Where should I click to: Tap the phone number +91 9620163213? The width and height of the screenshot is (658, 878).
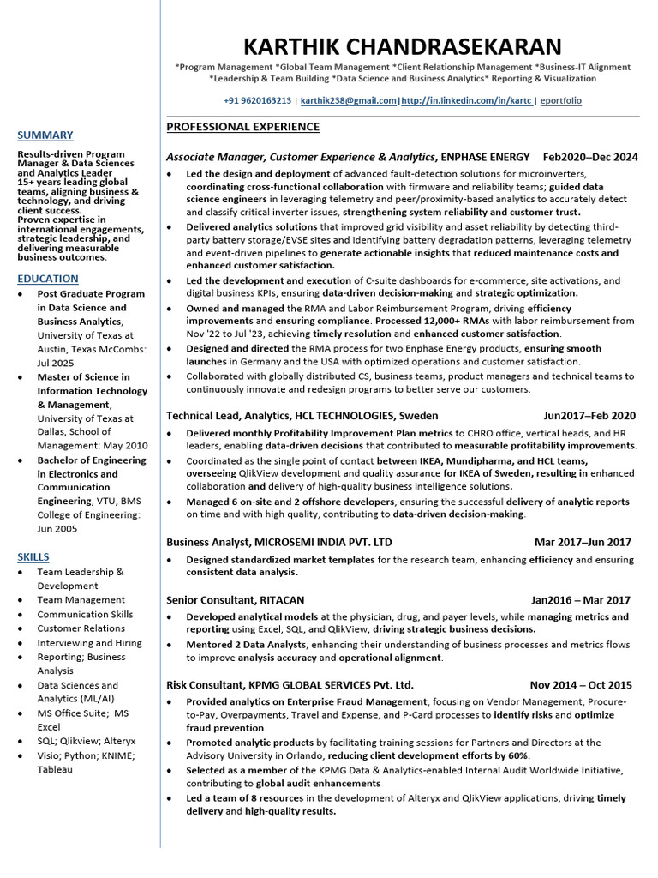257,100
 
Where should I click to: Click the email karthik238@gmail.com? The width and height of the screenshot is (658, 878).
349,100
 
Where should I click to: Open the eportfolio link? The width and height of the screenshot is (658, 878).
561,100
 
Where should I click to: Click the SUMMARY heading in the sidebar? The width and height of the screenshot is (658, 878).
45,135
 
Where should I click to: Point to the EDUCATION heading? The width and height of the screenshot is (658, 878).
48,279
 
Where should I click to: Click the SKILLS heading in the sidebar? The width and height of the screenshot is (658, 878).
33,556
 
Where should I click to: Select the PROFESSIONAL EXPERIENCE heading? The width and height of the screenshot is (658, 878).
242,128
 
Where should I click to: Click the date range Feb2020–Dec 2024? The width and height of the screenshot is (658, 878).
590,157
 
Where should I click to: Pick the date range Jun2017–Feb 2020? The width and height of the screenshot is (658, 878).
589,416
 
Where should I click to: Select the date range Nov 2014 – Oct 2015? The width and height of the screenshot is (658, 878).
581,685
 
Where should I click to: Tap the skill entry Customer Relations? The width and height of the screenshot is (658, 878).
81,628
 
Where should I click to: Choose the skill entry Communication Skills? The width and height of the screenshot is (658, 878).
85,614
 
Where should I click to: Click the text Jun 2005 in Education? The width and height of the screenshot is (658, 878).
57,529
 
